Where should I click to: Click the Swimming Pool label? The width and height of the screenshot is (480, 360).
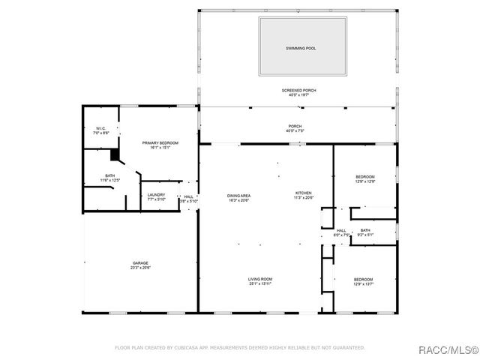coord(301,48)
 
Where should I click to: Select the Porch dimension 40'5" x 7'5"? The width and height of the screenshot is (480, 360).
coord(295,131)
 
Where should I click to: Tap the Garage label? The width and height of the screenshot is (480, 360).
coord(140,262)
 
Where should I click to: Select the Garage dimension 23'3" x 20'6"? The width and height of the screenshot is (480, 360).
coord(140,268)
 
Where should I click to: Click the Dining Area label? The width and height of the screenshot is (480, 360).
coord(238,196)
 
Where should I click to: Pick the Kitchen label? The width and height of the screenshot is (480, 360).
coord(303,193)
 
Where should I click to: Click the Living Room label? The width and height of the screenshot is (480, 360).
coord(260,279)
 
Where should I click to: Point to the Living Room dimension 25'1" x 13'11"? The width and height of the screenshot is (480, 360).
coord(260,284)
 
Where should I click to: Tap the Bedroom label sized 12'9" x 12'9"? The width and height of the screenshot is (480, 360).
coord(364,176)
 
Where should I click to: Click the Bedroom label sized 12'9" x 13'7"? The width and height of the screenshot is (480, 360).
coord(363,279)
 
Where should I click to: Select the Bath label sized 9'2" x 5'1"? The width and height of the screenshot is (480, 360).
coord(365,230)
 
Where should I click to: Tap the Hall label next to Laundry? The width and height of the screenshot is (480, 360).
coord(188,196)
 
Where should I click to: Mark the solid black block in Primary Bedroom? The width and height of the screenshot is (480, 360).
coord(115,154)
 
